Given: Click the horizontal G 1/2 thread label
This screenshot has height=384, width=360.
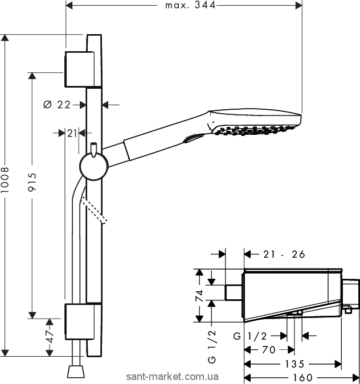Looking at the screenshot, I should click(x=249, y=336).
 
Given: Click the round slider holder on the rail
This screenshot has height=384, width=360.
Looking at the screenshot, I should click(x=92, y=167).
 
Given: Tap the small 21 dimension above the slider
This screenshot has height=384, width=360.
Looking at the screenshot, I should click(x=72, y=133).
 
